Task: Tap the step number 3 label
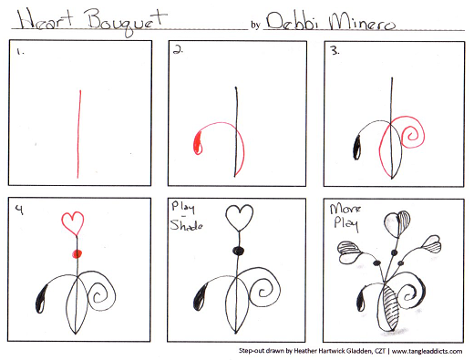[335, 53]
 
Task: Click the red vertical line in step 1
[79, 132]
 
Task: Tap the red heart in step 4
[76, 223]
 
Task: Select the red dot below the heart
[77, 252]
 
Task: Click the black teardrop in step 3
[355, 144]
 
